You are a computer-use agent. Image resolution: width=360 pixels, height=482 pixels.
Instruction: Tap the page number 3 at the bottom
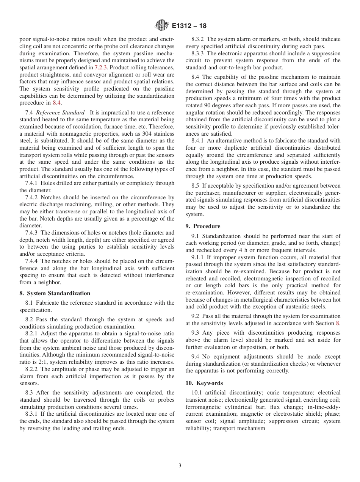coord(180,466)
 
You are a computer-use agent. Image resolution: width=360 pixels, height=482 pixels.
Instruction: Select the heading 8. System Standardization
coord(55,293)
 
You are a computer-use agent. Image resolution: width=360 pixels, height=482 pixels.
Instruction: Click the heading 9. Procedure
coord(203,226)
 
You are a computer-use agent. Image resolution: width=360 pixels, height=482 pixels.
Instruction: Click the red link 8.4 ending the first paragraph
coord(57,102)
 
